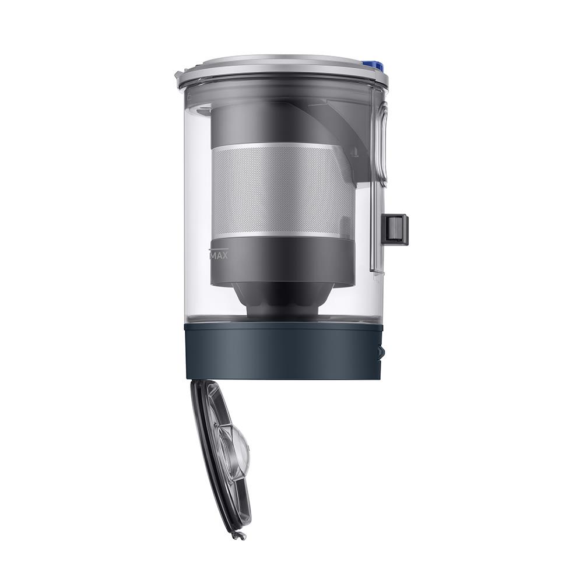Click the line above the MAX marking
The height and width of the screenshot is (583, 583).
point(218,249)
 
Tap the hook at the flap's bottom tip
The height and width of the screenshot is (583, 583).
point(238,535)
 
